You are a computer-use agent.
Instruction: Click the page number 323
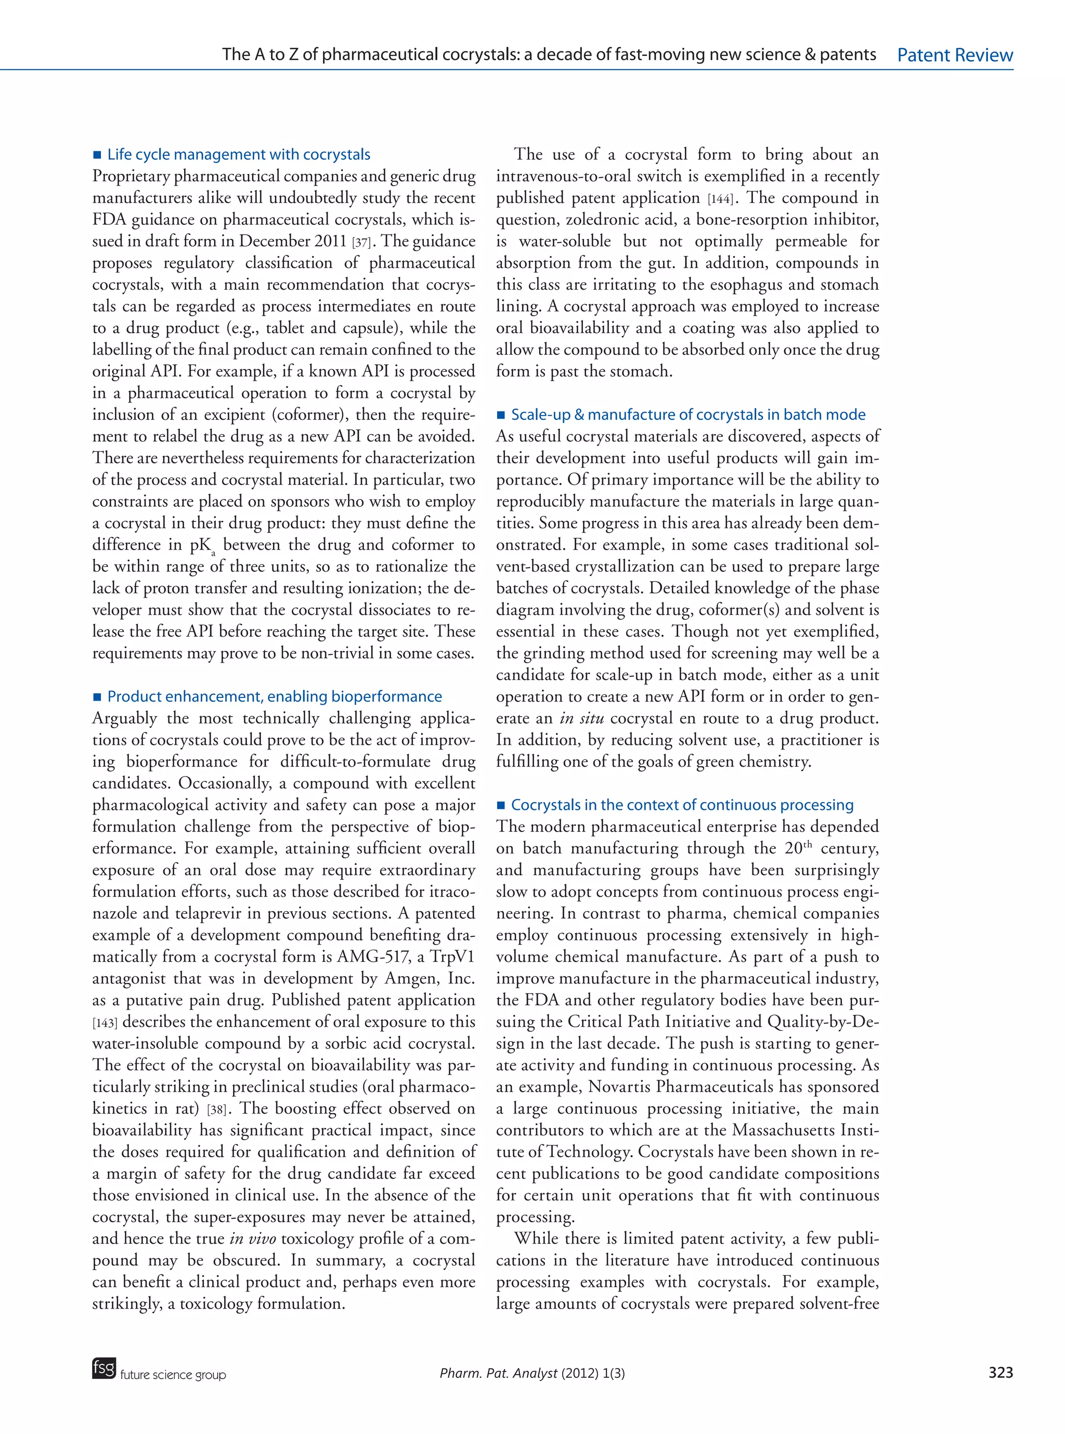pos(1000,1372)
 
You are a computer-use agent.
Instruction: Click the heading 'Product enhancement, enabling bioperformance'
pos(274,696)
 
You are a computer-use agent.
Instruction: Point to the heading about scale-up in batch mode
pos(688,415)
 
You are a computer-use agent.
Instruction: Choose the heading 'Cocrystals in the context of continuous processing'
pos(682,805)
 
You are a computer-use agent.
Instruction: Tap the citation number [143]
pos(105,1023)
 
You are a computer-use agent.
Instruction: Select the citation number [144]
pos(720,199)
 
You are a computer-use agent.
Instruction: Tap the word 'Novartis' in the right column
pos(618,1087)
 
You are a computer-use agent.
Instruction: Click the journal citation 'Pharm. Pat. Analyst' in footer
pos(498,1373)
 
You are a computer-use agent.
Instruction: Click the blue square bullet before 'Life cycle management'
pos(97,155)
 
